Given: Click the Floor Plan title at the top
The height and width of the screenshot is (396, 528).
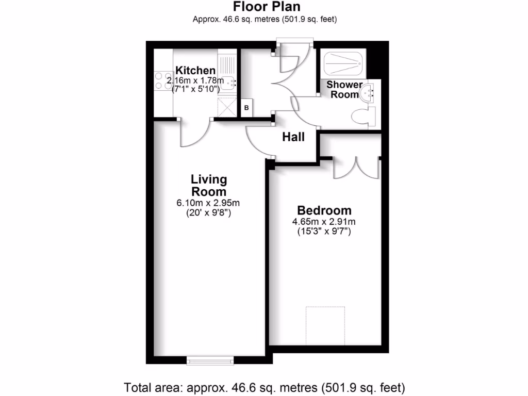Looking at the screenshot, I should click(x=267, y=7).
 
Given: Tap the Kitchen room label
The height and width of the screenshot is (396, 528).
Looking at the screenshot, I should click(x=195, y=71).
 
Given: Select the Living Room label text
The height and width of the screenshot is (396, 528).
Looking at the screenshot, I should click(x=209, y=185).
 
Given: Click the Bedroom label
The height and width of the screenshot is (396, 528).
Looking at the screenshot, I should click(x=324, y=210).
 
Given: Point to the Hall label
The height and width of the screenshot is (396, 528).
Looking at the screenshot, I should click(x=293, y=137).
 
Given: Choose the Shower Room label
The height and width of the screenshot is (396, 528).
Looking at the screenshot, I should click(x=344, y=90).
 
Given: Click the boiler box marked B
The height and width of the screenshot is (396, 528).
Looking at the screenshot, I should click(x=246, y=108).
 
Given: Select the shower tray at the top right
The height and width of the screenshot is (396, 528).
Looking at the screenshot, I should click(x=344, y=63).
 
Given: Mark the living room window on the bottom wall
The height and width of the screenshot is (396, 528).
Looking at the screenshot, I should click(x=209, y=361).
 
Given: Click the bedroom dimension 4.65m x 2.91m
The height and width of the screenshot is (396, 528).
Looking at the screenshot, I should click(x=324, y=222).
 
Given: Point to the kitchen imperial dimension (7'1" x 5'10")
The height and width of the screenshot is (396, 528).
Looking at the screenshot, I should click(x=196, y=89).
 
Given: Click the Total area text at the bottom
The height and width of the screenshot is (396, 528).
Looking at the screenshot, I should click(x=265, y=386).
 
